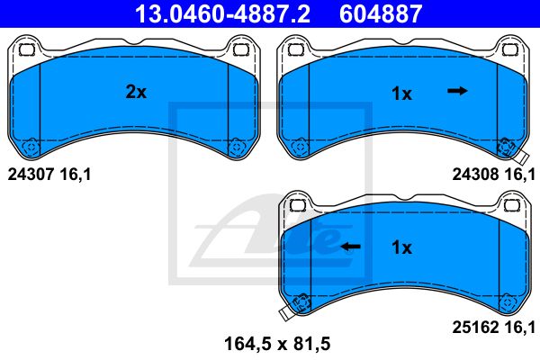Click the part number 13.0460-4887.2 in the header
[x=222, y=13]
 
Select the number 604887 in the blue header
[x=381, y=13]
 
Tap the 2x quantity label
[x=136, y=92]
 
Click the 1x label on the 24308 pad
[x=401, y=94]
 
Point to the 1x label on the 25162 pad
[x=401, y=247]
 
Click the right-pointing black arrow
[x=457, y=91]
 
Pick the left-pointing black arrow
[x=350, y=247]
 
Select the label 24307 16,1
[x=49, y=175]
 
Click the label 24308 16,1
[x=493, y=175]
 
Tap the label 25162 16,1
[x=493, y=327]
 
